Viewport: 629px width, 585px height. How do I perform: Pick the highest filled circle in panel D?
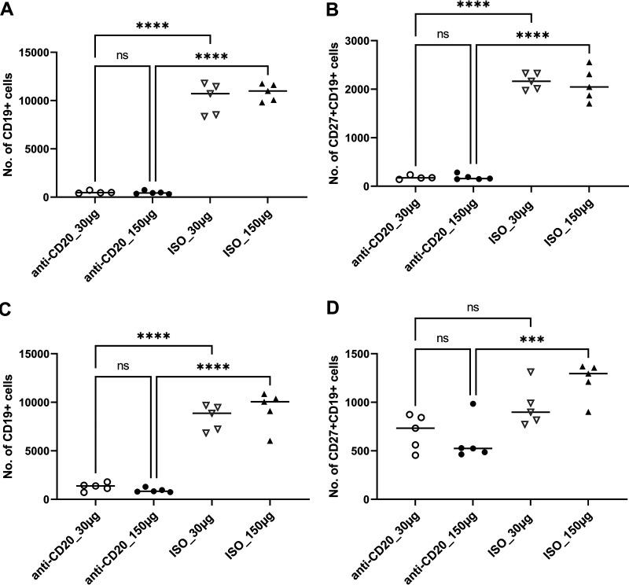tap(473, 403)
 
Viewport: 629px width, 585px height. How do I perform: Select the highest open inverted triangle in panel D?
tap(531, 371)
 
